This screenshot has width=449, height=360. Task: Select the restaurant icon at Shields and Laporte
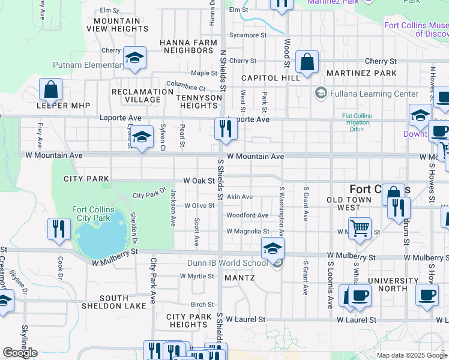click(224, 130)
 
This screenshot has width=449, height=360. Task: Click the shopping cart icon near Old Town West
click(360, 227)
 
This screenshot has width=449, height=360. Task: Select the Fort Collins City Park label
click(93, 214)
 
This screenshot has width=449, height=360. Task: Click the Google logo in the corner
click(20, 353)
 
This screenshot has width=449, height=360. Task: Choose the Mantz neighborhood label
click(240, 278)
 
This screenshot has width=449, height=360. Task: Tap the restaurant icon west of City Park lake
click(59, 229)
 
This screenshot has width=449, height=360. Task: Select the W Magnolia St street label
click(247, 231)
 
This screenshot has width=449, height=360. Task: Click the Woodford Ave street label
click(247, 215)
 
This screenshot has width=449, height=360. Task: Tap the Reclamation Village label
click(142, 96)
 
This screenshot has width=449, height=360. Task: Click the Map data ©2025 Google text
click(412, 355)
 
